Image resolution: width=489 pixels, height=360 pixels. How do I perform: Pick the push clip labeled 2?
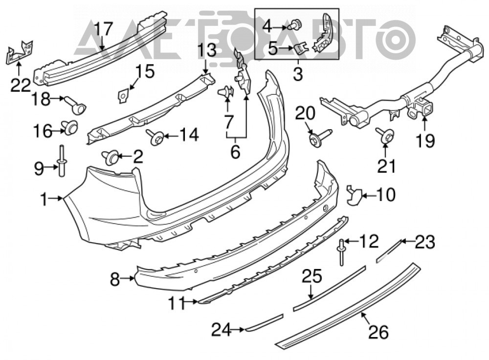click(x=111, y=157)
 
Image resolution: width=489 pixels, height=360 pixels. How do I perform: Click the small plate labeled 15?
click(x=123, y=95)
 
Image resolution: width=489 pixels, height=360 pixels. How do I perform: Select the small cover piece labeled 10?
click(x=354, y=195)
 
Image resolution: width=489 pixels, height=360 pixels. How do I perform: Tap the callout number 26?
click(x=379, y=332)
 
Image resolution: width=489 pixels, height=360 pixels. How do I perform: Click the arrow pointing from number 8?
click(x=128, y=278)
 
